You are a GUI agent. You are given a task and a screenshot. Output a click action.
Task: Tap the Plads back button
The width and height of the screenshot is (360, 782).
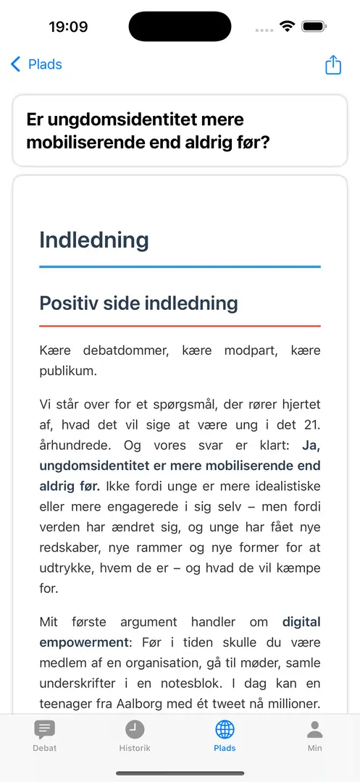[36, 64]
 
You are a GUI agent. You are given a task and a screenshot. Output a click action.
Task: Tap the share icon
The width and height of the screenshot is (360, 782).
[332, 64]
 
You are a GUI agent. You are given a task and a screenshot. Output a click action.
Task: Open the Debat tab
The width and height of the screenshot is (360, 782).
[45, 735]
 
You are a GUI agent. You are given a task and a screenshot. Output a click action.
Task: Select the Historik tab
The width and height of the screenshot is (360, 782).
[135, 735]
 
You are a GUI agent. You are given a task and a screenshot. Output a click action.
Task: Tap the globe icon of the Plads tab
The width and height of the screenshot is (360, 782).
[225, 729]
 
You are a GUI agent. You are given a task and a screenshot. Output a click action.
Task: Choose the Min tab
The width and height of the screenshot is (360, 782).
[314, 735]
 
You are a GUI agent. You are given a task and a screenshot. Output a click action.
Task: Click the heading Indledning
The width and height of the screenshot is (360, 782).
[94, 240]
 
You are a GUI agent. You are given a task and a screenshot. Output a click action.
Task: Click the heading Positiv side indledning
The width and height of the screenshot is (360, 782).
[138, 303]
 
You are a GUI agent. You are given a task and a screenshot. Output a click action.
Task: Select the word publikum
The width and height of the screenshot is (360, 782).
[69, 371]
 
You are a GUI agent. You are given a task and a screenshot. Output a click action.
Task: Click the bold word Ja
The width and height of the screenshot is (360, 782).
[311, 445]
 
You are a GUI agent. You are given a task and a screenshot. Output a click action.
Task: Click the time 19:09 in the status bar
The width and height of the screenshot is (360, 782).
[68, 27]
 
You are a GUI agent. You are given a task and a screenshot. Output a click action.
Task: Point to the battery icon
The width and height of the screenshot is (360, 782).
[314, 27]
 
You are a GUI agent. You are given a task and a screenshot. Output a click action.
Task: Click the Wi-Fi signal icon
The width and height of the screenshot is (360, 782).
[287, 27]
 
